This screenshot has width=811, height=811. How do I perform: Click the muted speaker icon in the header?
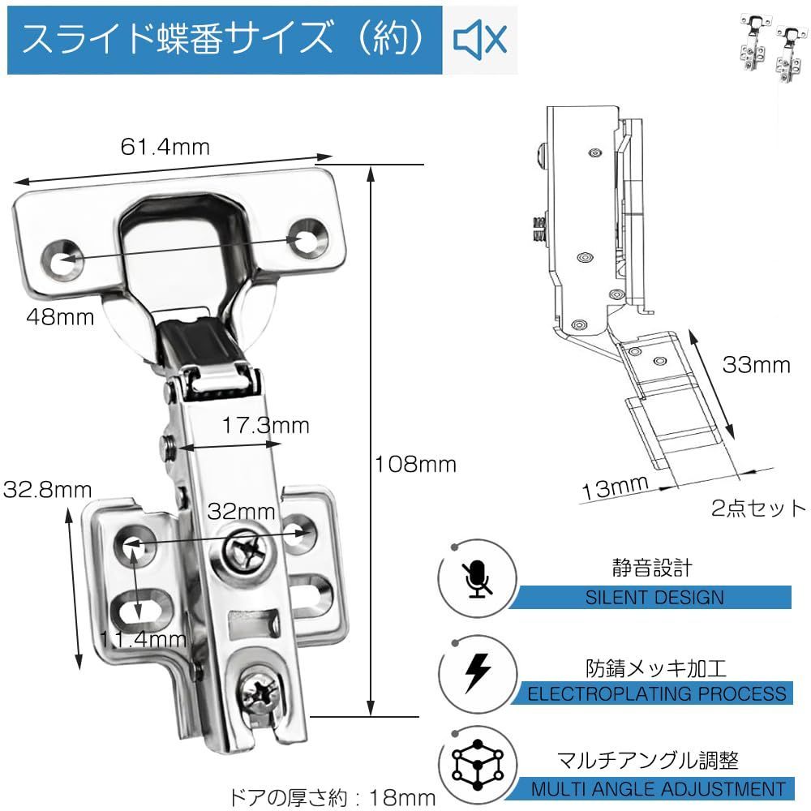tap(480, 39)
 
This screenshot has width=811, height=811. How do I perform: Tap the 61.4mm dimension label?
tap(165, 147)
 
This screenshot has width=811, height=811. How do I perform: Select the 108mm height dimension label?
tap(415, 465)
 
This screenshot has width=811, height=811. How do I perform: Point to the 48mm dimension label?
tap(59, 317)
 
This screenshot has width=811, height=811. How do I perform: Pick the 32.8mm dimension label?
tap(47, 489)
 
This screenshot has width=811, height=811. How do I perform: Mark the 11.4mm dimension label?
tap(144, 639)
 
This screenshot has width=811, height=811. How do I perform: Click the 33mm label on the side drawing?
tap(756, 365)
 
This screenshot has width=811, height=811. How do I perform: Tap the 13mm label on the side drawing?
tap(615, 489)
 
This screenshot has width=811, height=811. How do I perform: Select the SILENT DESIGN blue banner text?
tap(654, 599)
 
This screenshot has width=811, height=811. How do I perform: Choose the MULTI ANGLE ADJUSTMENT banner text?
tap(659, 788)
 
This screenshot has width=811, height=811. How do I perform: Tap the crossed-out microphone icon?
tap(477, 579)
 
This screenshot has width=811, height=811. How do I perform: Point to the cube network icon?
tap(477, 766)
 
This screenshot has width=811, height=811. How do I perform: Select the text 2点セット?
tap(759, 508)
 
